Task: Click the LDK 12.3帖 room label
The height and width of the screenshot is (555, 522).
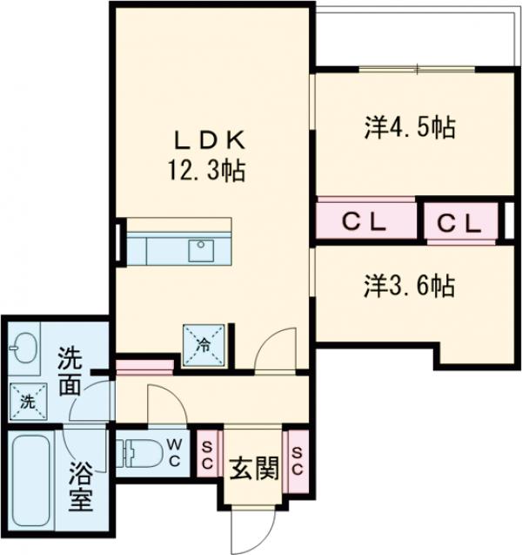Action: coord(207,155)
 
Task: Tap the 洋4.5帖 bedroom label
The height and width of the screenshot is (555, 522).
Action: coord(410,127)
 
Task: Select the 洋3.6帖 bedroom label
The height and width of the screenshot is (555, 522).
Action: coord(410,285)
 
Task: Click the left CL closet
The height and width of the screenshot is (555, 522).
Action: coord(366,221)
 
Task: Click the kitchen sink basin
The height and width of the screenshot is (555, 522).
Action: coord(201,251)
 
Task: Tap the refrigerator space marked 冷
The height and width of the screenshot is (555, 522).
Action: coord(204,345)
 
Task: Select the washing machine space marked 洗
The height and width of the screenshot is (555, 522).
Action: coord(28,402)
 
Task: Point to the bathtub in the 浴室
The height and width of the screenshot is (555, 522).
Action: coord(31,481)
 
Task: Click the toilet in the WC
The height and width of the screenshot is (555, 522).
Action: coord(140,453)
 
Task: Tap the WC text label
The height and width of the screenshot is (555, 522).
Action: coord(174,452)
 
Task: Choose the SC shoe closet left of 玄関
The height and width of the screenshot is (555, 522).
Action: coord(207,454)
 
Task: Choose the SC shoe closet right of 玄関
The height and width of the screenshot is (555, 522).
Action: coord(297,461)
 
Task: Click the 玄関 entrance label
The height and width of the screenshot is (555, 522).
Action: coord(254,468)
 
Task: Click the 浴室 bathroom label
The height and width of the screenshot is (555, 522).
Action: coord(81,487)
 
